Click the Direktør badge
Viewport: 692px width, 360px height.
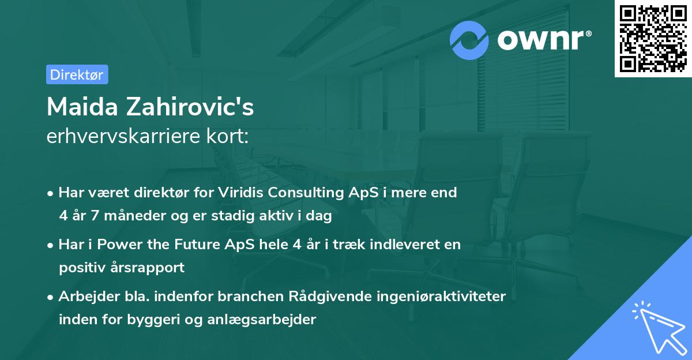(x=77, y=74)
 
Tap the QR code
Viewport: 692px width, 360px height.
(x=653, y=38)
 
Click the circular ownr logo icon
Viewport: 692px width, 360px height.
(x=470, y=40)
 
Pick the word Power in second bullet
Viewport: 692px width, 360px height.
(x=118, y=245)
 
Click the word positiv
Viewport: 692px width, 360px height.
(x=80, y=268)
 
